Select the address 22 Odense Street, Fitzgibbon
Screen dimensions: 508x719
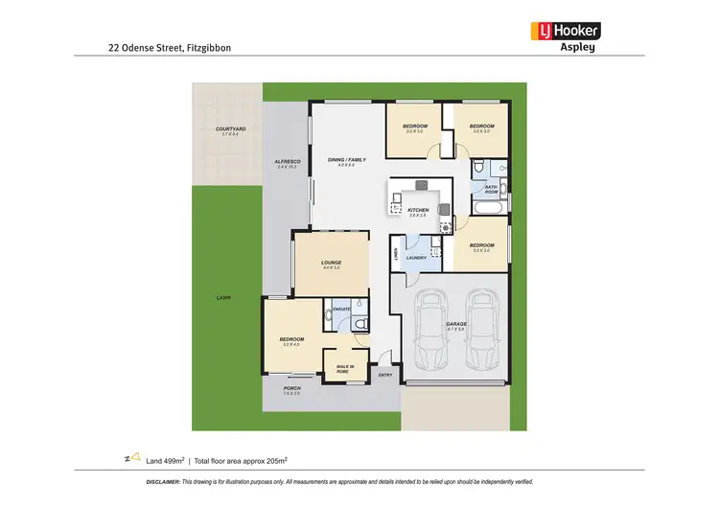169,46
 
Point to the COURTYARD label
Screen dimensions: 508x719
230,128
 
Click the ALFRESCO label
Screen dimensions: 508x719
288,161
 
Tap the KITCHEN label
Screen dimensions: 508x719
417,210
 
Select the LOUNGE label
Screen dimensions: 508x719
331,262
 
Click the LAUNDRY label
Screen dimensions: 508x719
416,257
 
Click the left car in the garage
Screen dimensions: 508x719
429,332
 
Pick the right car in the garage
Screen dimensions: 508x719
482,332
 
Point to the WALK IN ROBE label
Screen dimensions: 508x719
344,368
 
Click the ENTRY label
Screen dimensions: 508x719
385,375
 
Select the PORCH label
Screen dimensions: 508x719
290,388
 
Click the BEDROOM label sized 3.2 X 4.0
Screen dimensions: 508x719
291,339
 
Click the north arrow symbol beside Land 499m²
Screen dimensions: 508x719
135,456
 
